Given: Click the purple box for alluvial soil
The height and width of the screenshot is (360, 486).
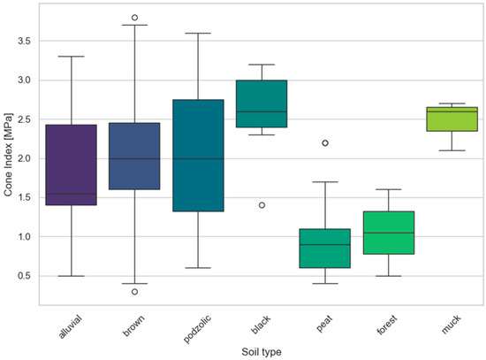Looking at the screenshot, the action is click(x=72, y=165).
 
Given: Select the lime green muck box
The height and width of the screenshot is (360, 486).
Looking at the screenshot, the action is click(x=452, y=119).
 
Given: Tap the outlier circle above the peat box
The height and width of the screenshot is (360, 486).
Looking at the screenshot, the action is click(x=325, y=143).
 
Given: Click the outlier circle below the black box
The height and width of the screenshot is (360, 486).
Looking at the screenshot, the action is click(x=262, y=205).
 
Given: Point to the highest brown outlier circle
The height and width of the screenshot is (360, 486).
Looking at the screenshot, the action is click(x=135, y=18).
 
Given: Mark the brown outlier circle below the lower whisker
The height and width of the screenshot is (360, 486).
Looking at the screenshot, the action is click(x=135, y=292).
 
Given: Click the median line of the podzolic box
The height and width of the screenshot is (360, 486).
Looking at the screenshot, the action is click(x=198, y=158).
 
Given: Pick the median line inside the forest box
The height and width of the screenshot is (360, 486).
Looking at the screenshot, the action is click(x=389, y=233).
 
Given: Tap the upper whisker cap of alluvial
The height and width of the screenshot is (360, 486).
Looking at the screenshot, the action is click(x=72, y=57).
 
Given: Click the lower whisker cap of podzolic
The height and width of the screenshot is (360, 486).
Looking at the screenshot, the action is click(x=198, y=268).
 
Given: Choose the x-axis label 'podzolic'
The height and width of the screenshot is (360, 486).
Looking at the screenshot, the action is click(x=197, y=329).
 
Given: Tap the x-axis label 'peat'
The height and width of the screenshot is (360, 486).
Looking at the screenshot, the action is click(x=324, y=324).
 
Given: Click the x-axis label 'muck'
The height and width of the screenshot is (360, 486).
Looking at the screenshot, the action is click(x=452, y=325).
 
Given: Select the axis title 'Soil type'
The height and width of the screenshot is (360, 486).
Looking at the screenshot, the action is click(x=262, y=352).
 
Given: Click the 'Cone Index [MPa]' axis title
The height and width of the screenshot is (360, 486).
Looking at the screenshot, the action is click(x=8, y=155).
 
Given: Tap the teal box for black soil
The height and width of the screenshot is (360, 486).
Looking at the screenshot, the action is click(x=262, y=103).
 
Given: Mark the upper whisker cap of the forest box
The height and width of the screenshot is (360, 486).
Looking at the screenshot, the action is click(x=389, y=189).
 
